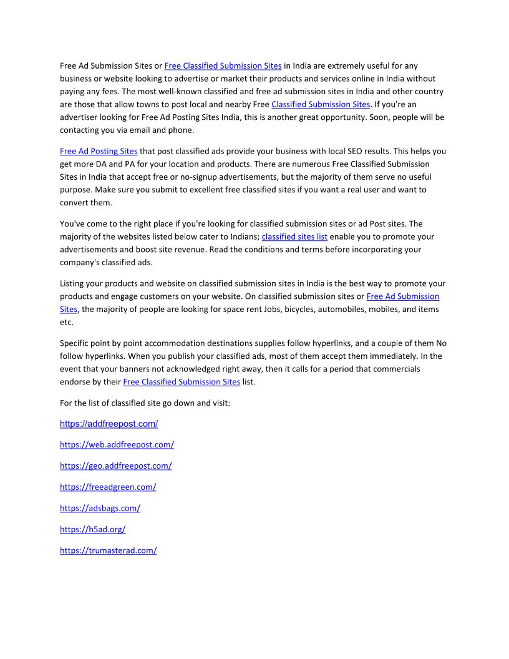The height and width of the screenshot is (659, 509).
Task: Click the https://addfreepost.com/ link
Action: coord(109,424)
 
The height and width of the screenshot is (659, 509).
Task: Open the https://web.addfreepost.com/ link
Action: coord(117,445)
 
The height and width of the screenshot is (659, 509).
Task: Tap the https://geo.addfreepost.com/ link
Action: coord(115,466)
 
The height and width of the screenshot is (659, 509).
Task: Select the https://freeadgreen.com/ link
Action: coord(108,487)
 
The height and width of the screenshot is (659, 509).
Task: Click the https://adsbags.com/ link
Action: coord(100,509)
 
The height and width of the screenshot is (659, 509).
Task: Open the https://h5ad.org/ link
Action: coord(92,530)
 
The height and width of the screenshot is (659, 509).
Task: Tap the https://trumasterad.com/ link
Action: coord(108,551)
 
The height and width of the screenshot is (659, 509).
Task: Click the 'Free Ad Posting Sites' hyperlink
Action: coord(99,151)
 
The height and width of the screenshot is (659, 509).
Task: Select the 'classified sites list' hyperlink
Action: coord(294,237)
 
